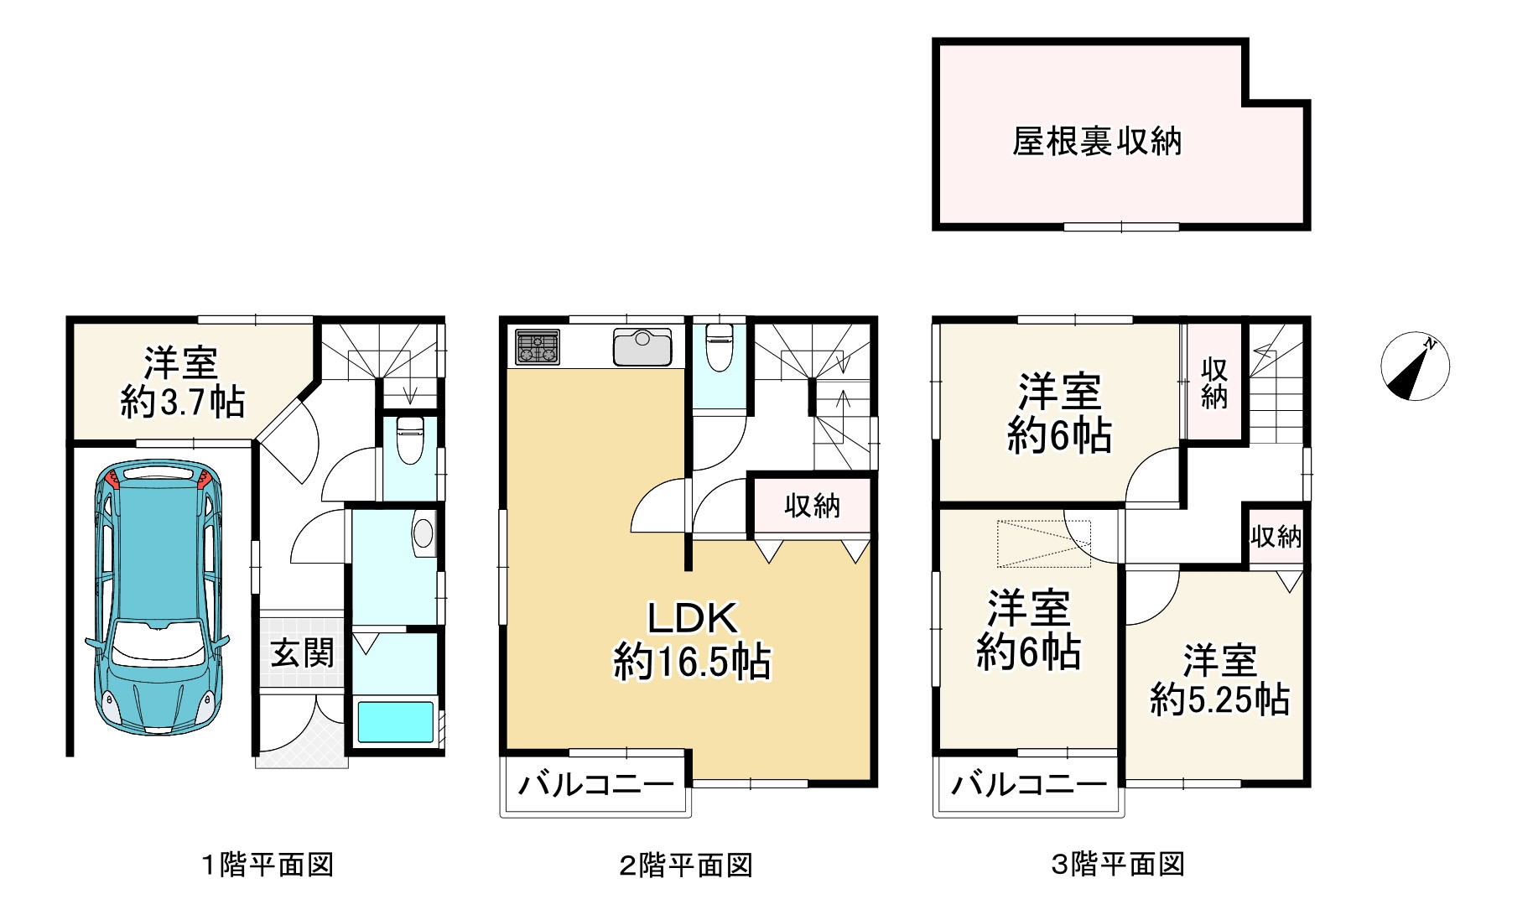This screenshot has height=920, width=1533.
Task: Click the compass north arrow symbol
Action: (1415, 366)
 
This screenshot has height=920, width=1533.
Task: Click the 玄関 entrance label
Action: (302, 653)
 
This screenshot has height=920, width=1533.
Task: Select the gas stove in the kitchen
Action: (538, 347)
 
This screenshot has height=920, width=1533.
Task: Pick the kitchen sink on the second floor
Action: (642, 347)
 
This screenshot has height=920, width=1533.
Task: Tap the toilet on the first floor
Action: (410, 439)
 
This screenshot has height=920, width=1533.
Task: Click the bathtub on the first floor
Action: (396, 722)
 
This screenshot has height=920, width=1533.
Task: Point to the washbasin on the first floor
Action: (424, 533)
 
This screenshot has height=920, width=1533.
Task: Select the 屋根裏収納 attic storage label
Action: (1097, 141)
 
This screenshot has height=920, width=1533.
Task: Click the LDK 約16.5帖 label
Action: (692, 640)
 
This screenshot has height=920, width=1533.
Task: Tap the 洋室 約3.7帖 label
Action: (182, 382)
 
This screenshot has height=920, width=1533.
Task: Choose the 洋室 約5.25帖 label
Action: (1219, 679)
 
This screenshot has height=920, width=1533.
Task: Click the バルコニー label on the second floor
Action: (596, 785)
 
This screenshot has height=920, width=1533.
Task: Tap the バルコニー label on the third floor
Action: (1029, 785)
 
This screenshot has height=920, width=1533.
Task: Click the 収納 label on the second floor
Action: (812, 506)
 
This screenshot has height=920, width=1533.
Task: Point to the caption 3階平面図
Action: (1118, 865)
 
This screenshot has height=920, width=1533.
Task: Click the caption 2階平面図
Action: (686, 865)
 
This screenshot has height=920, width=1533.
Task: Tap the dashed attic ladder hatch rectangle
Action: (1043, 543)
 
